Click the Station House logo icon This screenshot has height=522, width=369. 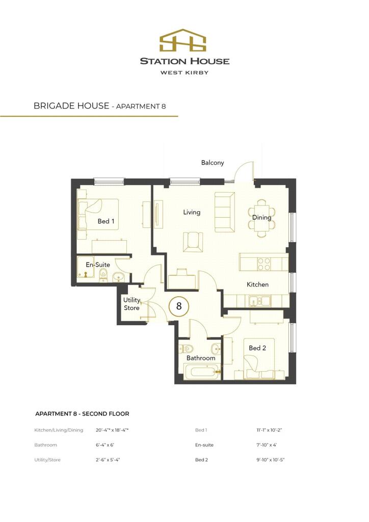(x=184, y=41)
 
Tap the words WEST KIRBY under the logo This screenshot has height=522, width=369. (x=184, y=72)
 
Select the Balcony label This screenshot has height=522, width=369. (x=213, y=163)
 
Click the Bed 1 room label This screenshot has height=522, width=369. (x=106, y=221)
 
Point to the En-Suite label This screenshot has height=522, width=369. (x=98, y=265)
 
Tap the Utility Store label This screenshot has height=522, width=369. (x=131, y=304)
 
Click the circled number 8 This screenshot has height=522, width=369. (x=179, y=306)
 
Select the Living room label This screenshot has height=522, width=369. (x=192, y=212)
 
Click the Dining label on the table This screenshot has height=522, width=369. (x=262, y=218)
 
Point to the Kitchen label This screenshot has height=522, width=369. (x=257, y=284)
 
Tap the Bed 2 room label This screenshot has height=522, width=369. (x=257, y=348)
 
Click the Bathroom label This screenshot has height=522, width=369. (x=201, y=358)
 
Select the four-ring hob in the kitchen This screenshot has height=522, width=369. (x=264, y=264)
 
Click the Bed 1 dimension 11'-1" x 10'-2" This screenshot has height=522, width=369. (x=270, y=430)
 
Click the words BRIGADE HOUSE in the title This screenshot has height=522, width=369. (x=71, y=106)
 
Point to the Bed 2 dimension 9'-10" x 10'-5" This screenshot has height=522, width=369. (x=270, y=460)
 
